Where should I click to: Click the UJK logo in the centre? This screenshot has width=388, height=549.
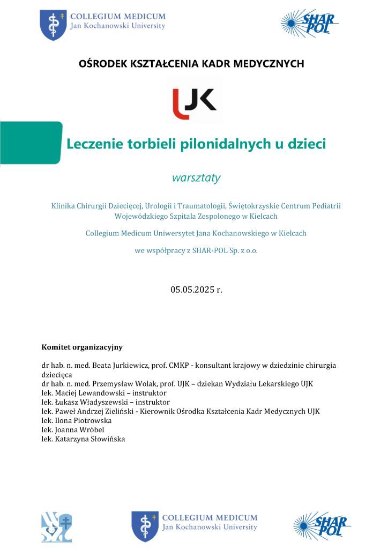194,100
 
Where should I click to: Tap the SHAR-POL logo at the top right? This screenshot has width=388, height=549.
309,23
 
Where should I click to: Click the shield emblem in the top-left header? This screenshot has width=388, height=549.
53,24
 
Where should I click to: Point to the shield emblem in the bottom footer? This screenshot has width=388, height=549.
145,526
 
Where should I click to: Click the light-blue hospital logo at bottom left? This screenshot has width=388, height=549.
56,528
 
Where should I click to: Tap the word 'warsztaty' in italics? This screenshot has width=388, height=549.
196,178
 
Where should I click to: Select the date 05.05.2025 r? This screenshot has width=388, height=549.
196,290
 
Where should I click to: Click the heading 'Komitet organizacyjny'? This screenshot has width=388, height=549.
82,347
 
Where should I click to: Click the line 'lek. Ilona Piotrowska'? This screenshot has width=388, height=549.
77,421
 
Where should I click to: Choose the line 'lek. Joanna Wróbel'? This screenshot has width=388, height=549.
73,430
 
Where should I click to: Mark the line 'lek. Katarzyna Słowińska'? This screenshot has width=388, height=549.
83,439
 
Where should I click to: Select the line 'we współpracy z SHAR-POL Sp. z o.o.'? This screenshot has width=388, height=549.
196,250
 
